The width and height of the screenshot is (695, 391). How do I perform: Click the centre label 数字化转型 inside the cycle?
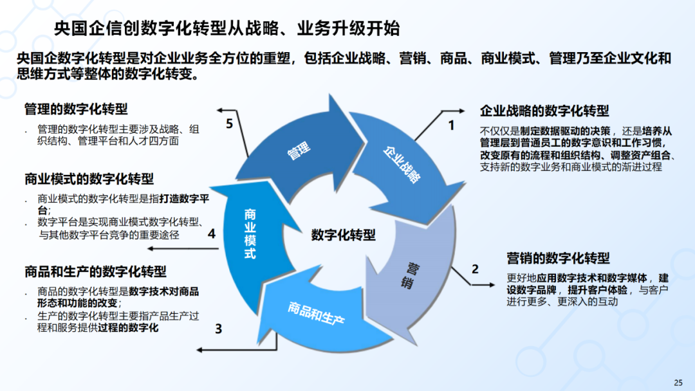343,235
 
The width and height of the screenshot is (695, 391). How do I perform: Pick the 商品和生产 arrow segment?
315,312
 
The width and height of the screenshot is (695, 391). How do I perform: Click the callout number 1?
451,125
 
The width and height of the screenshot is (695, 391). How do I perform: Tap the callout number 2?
476,269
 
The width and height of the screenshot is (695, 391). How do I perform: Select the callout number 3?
218,329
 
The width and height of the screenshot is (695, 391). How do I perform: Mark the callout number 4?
211,234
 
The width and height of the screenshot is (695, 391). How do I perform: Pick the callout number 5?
230,124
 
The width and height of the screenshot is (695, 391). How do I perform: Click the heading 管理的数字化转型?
76,109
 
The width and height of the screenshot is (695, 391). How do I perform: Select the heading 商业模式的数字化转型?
89,179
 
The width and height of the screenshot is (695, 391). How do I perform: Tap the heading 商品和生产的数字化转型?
95,271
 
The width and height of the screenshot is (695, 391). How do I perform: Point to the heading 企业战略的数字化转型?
544,111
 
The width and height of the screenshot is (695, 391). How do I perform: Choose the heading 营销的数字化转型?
558,259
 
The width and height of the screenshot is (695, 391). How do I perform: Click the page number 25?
678,383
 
